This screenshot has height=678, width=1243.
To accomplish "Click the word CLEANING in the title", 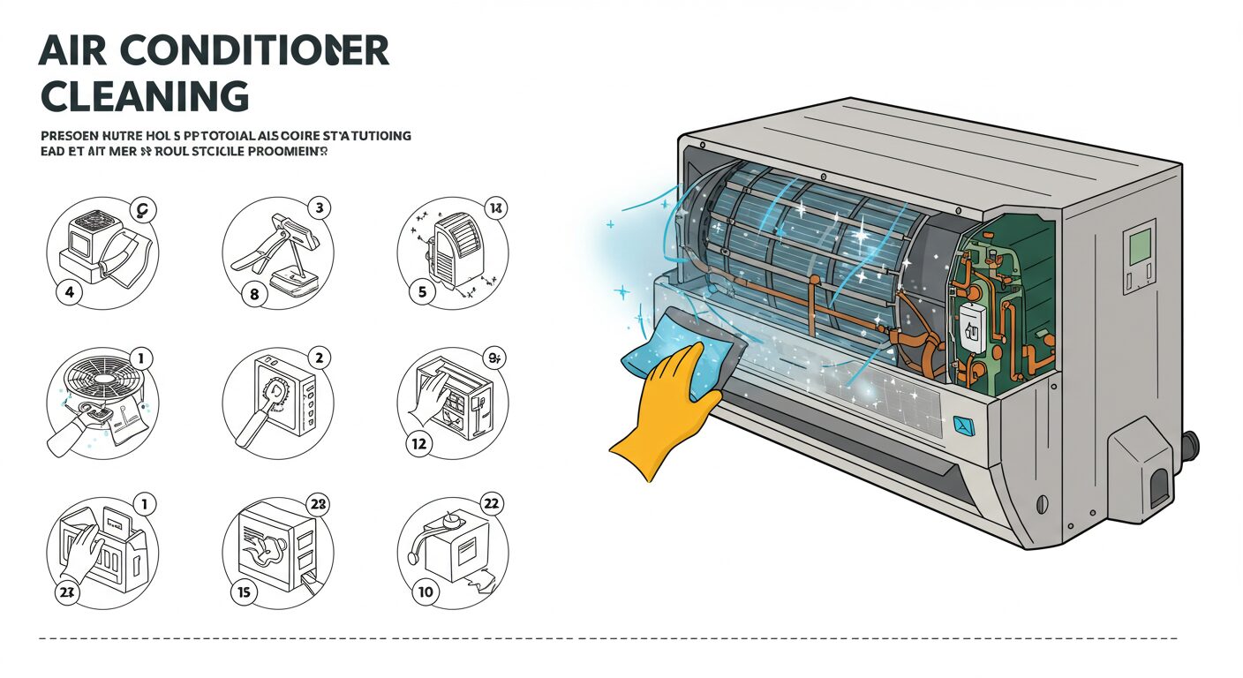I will point(144,95).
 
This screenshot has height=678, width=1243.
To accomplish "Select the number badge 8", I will point(254,294).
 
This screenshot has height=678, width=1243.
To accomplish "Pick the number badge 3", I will point(319,208).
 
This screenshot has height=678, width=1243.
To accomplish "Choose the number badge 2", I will point(319,358).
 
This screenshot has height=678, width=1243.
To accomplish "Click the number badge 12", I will point(419,444).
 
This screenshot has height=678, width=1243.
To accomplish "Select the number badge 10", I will point(425,591).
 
